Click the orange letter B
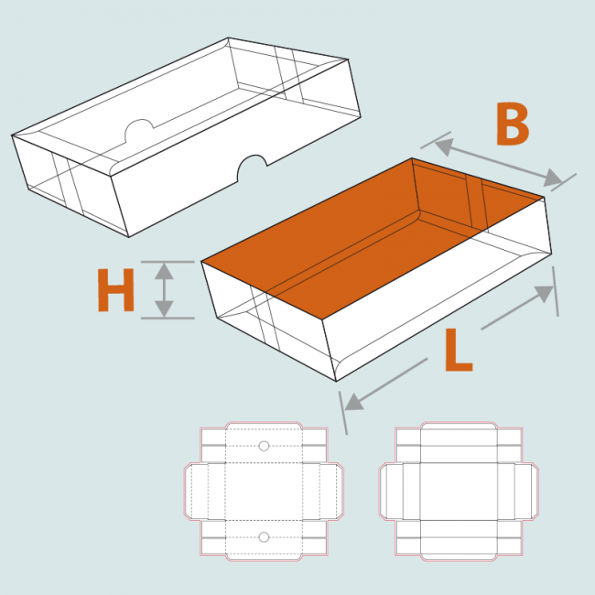pos(513,124)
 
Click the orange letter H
pos(115,290)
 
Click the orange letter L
pos(458,350)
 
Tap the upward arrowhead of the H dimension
pos(164,271)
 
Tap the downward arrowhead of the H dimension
pos(164,308)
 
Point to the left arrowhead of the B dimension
pos(444,146)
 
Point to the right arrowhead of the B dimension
pos(553,178)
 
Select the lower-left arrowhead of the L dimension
pos(354,402)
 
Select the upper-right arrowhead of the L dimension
pos(544,294)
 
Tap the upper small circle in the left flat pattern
pos(264,446)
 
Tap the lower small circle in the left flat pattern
pos(264,537)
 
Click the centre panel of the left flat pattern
pos(264,492)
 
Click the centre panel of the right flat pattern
pos(459,492)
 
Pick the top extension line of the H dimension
pos(168,262)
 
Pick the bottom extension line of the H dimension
pos(168,318)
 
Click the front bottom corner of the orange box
pos(336,381)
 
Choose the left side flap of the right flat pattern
pos(391,492)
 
